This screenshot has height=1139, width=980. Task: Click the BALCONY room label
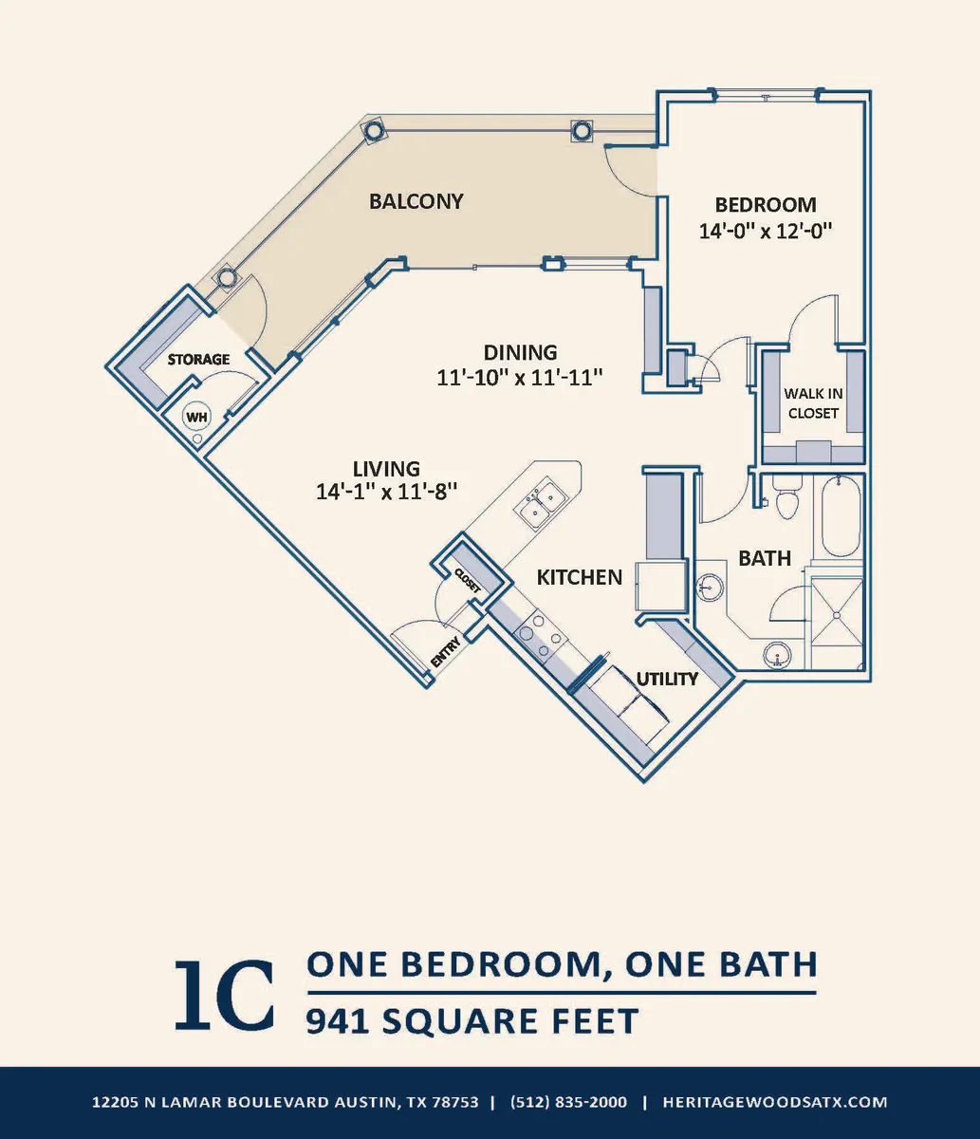416,201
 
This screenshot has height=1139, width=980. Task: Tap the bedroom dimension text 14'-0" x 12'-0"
766,231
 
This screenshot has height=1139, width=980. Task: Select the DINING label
520,353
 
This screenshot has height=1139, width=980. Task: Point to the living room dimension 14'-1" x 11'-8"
387,492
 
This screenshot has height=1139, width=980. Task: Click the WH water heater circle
196,417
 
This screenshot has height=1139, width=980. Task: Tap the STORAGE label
198,360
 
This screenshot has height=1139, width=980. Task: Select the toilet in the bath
786,496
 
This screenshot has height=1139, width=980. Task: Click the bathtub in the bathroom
841,516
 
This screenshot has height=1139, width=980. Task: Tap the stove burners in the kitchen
541,637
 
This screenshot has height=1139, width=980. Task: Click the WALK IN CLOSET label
813,403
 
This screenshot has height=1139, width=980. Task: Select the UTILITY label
667,679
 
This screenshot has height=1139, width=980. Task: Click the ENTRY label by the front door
445,652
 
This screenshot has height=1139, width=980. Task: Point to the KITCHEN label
580,577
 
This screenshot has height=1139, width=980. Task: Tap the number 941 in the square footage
337,1021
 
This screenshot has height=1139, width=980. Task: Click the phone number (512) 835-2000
568,1102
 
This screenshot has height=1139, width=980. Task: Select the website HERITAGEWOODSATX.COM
775,1102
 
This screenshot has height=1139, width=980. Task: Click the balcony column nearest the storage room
225,278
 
